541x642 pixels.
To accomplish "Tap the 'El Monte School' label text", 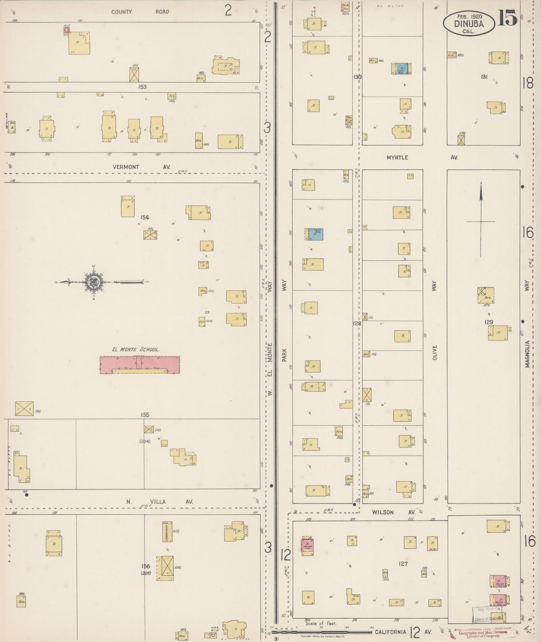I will (135, 349).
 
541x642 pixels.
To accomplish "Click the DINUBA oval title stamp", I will (468, 24).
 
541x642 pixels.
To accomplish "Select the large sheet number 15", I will (508, 19).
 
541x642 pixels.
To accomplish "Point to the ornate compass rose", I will (93, 282).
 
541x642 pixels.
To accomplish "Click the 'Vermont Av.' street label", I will (141, 167).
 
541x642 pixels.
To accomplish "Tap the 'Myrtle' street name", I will (397, 158).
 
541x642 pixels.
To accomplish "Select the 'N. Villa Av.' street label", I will (159, 502).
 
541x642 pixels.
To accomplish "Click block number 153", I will (142, 87).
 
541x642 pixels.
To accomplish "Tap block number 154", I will (145, 217).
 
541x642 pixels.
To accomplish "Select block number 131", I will (484, 77).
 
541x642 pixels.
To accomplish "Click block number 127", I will (403, 564).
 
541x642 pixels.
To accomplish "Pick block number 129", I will (489, 322).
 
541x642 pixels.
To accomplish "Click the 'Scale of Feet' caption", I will (321, 624).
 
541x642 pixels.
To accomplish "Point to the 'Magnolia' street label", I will (528, 354).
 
